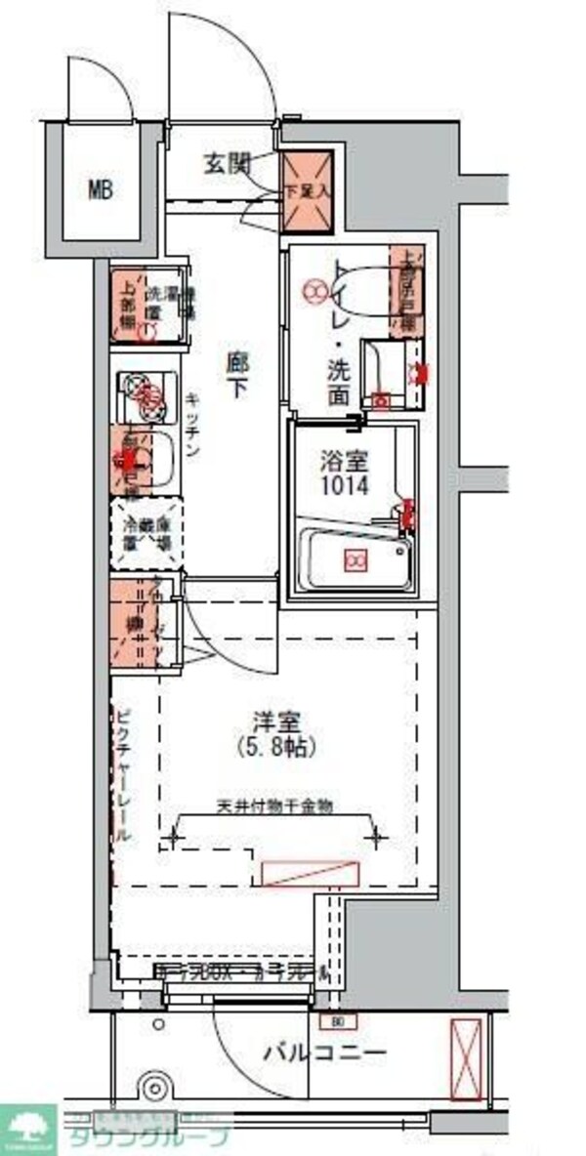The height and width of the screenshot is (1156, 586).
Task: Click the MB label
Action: (102, 189)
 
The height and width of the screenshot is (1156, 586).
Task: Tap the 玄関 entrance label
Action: (227, 164)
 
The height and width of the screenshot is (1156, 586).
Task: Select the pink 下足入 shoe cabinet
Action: (309, 191)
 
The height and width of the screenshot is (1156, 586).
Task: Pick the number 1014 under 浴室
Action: (349, 485)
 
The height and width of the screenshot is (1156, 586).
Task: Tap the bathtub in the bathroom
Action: (354, 560)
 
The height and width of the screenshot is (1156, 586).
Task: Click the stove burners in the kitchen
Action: (145, 392)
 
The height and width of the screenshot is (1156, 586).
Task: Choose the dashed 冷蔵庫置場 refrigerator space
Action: (146, 534)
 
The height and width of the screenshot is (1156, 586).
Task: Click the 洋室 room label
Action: (275, 723)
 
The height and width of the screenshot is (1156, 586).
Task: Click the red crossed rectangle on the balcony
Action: (467, 1059)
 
